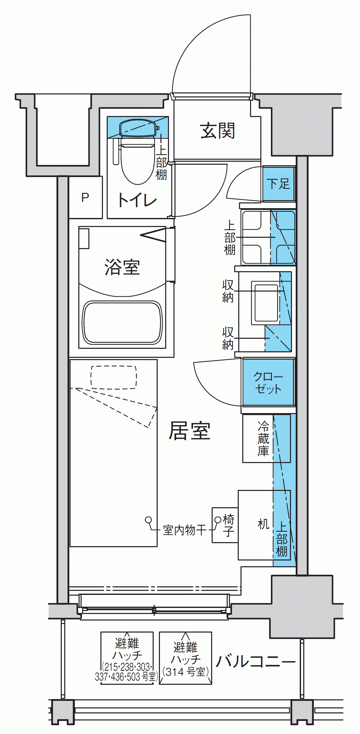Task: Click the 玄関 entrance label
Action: tap(218, 131)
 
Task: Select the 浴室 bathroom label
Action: tap(122, 267)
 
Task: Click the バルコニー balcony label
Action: tap(256, 661)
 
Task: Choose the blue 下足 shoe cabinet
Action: tap(278, 184)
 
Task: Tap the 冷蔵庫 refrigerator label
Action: tap(263, 439)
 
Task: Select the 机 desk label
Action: tap(263, 524)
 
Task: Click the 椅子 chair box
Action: tap(225, 525)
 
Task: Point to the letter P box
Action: tap(85, 197)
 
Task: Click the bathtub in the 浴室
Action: tap(122, 322)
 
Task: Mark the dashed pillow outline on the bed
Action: tap(114, 377)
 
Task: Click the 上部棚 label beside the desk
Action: tap(282, 539)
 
